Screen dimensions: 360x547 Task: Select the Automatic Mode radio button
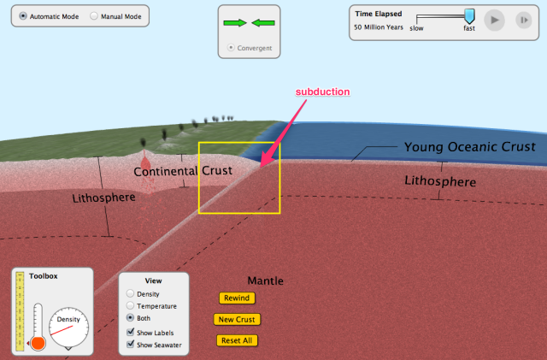[x=22, y=16]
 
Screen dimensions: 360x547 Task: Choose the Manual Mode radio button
[x=93, y=16]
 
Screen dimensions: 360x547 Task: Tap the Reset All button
[x=237, y=340]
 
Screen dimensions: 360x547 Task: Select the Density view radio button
[x=130, y=294]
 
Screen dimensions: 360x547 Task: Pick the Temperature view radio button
[x=130, y=305]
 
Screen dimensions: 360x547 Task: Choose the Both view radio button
[x=130, y=317]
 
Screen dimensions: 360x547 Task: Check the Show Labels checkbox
[x=130, y=332]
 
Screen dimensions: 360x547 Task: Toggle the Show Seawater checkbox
[x=130, y=345]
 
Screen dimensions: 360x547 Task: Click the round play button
[x=494, y=20]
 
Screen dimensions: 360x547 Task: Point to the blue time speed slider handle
[x=469, y=15]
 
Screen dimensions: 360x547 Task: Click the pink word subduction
[x=322, y=91]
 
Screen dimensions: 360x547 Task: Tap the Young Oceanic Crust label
[x=469, y=147]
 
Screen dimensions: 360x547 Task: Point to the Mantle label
[x=265, y=280]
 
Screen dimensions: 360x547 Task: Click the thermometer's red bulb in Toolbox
[x=38, y=343]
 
